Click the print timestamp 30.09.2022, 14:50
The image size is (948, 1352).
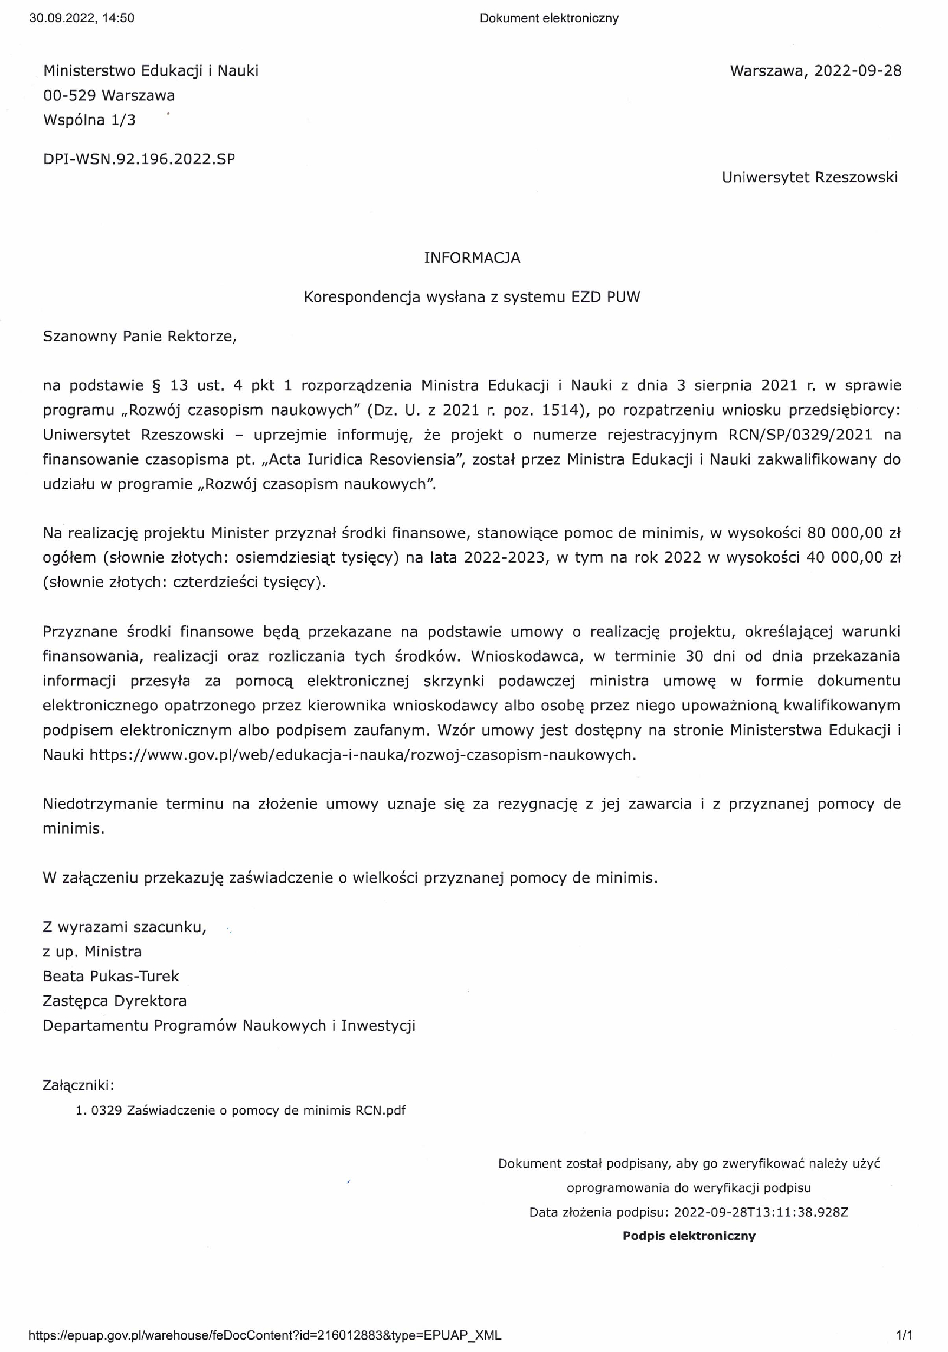[81, 18]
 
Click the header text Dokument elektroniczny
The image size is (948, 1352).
[549, 18]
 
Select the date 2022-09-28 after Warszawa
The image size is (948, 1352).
[858, 71]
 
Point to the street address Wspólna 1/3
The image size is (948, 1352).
[89, 120]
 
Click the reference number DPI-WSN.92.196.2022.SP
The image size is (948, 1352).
[139, 159]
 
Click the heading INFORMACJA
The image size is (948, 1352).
[472, 258]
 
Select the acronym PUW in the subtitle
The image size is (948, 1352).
[623, 297]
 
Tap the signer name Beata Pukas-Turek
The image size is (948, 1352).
[111, 976]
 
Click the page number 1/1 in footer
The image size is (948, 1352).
[904, 1335]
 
